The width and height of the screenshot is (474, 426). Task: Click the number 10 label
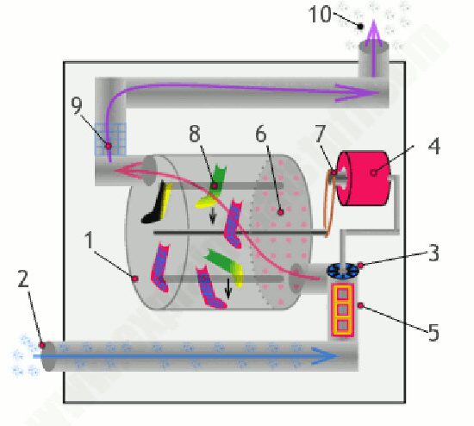pos(320,14)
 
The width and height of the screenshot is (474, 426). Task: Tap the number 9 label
pos(77,105)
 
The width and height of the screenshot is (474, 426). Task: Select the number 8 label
pos(195,134)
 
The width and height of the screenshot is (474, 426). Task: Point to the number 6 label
pos(261,134)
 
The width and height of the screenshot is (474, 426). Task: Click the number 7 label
pos(320,134)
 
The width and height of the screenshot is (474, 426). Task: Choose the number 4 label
pos(434,147)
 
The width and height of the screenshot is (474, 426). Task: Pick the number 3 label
pos(433,253)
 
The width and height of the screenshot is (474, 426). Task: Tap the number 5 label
pos(433,333)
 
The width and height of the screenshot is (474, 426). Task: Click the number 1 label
pos(89,240)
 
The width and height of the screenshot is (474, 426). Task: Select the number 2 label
pos(23,279)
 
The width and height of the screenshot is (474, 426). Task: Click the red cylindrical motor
pos(362,179)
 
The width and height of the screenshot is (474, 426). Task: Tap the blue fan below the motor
pos(342,270)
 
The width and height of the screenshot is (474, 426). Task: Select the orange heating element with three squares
pos(342,310)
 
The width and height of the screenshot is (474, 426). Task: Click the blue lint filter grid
pos(110,139)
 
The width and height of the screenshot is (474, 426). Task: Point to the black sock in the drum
pos(154,203)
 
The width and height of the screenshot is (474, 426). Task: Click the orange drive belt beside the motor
pos(329,204)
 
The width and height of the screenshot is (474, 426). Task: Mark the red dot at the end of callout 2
pos(42,345)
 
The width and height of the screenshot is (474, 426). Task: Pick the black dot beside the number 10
pos(360,27)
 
